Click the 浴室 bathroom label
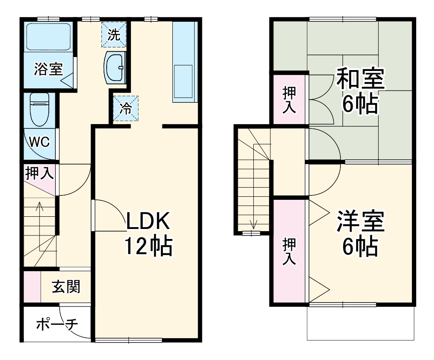click(x=49, y=69)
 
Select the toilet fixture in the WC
click(x=40, y=109)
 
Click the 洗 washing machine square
click(x=114, y=35)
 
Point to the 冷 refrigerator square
click(x=126, y=108)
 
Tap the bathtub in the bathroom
click(x=48, y=37)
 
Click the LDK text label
click(x=148, y=222)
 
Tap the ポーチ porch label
click(x=57, y=324)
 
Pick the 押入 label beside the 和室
click(x=289, y=100)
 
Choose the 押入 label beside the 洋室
click(x=289, y=251)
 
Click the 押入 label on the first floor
click(x=39, y=173)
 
